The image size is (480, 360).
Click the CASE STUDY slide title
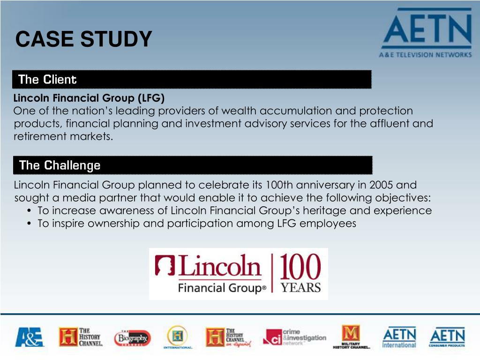pos(83,39)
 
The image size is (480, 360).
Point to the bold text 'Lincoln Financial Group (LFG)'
pos(89,98)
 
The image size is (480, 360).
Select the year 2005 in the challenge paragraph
pos(382,185)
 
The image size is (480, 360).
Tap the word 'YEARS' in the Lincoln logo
pos(300,287)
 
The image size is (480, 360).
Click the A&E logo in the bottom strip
pos(29,337)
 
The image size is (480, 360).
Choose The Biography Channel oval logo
pos(132,337)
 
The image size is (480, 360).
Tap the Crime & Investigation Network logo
pos(294,337)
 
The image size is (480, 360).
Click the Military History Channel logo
pos(351,337)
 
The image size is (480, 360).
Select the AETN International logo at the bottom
pos(399,337)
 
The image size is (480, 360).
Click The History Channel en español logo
pos(228,337)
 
